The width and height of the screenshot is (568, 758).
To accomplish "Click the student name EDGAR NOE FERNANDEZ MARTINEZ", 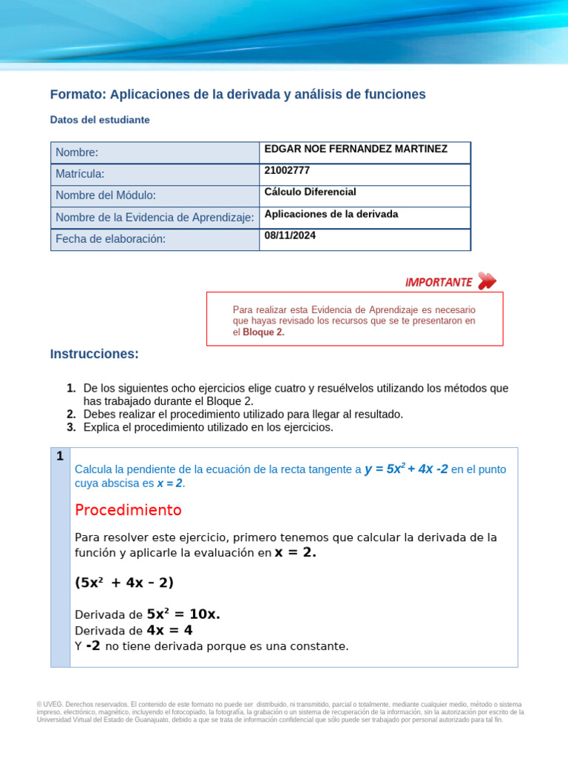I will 356,149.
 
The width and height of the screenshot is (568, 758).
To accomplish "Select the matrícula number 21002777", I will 287,170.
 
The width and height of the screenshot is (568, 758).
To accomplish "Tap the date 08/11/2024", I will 290,235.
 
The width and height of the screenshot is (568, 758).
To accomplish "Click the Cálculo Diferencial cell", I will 310,192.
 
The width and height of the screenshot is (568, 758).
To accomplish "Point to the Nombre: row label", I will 77,152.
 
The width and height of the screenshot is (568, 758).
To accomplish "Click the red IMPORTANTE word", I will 439,282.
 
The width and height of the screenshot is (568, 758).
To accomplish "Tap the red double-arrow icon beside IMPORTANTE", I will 487,281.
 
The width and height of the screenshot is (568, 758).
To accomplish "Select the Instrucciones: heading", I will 94,354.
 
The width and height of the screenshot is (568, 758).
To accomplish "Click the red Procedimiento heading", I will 128,510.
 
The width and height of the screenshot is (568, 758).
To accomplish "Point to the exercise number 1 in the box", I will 60,456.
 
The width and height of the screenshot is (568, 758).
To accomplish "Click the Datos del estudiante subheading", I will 100,119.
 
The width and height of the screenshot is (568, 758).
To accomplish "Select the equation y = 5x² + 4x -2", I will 406,469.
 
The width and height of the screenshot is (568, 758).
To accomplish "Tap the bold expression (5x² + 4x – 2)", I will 124,583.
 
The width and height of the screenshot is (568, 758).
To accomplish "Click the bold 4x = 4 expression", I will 169,630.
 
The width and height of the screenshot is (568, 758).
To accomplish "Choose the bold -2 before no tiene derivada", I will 93,645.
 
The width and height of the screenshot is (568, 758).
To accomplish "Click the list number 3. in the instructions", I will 71,427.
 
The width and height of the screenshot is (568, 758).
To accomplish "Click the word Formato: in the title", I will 78,94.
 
